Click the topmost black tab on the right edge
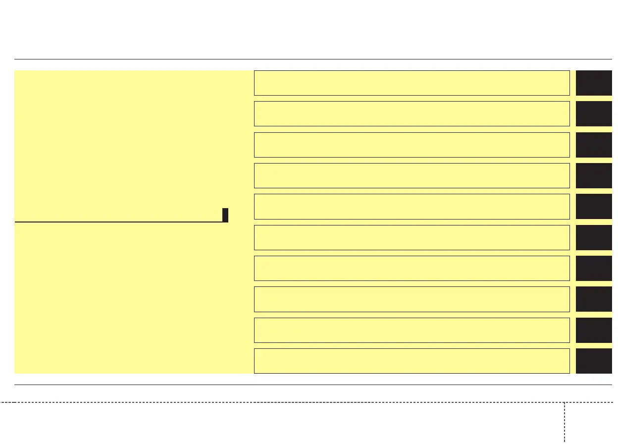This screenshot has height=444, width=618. (x=594, y=83)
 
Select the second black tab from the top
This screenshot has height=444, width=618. (x=594, y=113)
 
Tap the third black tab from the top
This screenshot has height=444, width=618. (x=594, y=145)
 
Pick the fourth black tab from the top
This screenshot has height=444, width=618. (x=594, y=175)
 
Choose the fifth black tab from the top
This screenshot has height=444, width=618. (x=594, y=206)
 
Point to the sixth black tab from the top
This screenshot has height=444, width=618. (x=594, y=237)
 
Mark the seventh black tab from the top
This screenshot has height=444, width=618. (x=594, y=268)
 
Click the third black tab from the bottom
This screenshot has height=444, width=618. (x=594, y=299)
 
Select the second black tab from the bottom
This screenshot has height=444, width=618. (x=594, y=330)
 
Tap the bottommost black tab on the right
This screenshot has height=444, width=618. (x=594, y=361)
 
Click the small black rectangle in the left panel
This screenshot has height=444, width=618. (x=225, y=215)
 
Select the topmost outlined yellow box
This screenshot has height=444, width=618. (x=412, y=83)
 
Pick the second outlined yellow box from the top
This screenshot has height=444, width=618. (x=412, y=113)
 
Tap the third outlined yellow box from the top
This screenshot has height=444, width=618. (x=412, y=145)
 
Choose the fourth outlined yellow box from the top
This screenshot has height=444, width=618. (x=412, y=175)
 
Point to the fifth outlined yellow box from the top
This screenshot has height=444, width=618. (x=412, y=206)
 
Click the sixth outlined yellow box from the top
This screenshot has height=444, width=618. (x=412, y=237)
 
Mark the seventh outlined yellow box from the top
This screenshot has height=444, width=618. (x=412, y=268)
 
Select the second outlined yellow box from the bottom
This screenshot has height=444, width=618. (x=412, y=330)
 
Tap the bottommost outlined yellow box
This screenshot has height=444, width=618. (x=412, y=361)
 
